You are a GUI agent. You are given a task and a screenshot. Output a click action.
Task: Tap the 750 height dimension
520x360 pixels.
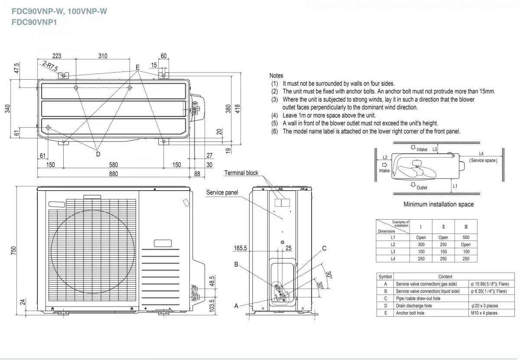[14, 250]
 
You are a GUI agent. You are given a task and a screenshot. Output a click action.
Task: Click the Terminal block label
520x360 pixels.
[241, 173]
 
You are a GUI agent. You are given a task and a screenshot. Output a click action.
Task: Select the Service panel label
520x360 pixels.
[222, 192]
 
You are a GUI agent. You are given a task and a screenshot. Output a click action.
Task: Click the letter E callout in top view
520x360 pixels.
[137, 68]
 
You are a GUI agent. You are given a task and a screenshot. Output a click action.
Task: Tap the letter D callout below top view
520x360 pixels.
[98, 154]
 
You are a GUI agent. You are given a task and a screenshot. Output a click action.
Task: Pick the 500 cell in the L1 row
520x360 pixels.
[466, 237]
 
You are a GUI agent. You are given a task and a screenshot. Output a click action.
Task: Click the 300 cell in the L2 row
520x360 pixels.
[421, 245]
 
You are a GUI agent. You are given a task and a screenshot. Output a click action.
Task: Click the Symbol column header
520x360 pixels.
[385, 276]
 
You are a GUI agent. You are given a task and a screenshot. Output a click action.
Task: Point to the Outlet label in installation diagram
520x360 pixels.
[421, 188]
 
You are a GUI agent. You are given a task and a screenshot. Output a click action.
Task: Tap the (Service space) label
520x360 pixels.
[483, 160]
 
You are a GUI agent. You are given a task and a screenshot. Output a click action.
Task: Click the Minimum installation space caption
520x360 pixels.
[439, 204]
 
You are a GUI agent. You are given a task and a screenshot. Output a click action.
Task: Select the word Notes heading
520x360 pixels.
[276, 76]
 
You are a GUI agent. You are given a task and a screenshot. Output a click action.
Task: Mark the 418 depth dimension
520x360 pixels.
[237, 109]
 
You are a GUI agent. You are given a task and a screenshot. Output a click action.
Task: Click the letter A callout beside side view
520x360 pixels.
[236, 305]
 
